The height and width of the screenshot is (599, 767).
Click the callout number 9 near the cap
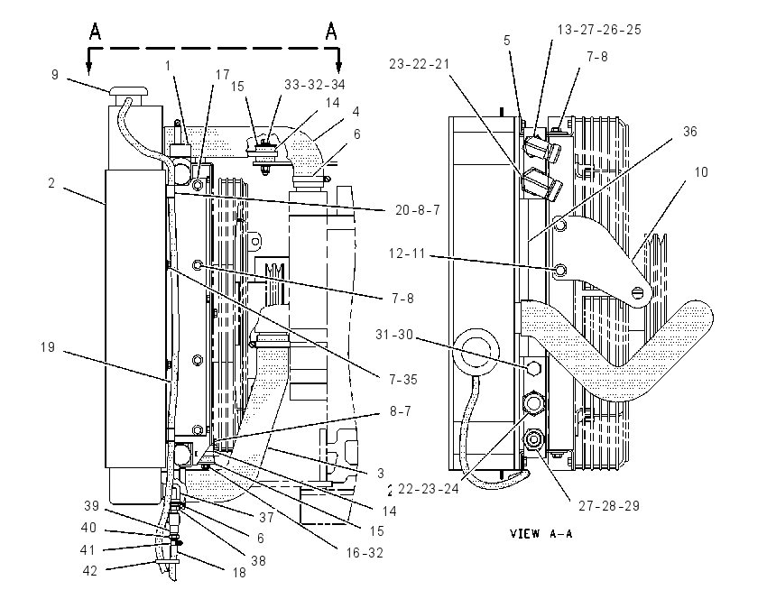tap(55, 74)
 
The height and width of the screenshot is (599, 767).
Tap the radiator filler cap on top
tap(129, 92)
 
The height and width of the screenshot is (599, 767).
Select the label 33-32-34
tap(315, 85)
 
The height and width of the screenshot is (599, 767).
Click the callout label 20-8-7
tap(418, 210)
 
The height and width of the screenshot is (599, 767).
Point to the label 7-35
tap(403, 379)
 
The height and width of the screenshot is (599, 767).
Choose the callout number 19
tap(48, 347)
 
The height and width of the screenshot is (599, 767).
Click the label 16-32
tap(365, 553)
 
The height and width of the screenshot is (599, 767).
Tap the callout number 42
tap(89, 571)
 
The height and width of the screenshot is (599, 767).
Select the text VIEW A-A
tap(541, 533)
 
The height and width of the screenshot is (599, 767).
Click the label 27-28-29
tap(609, 505)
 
